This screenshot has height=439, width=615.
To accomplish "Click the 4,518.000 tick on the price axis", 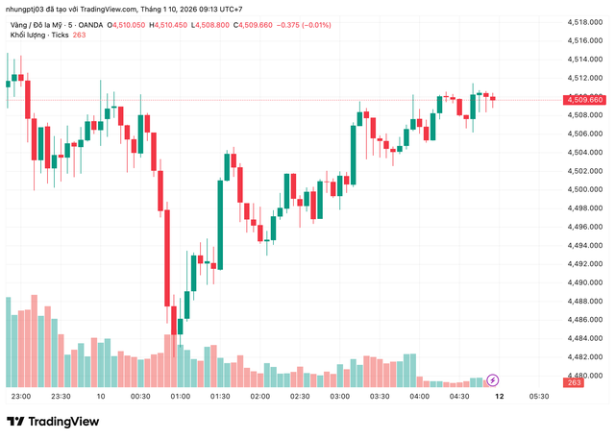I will [x=584, y=21].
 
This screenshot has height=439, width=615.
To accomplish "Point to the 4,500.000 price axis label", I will [x=584, y=189].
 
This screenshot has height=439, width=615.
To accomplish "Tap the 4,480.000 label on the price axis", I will [x=584, y=376].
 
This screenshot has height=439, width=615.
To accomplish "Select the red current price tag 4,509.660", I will [x=584, y=99].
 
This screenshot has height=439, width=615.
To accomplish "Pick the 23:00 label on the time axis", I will [x=21, y=396].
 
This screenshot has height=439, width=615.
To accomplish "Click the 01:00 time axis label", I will [x=180, y=396].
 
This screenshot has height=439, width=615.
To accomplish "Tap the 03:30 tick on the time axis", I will [x=380, y=396].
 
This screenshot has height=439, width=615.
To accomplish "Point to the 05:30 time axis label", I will [x=539, y=396].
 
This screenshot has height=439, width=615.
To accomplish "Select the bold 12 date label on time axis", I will [x=499, y=396].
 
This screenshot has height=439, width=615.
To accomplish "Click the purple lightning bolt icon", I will [x=493, y=379].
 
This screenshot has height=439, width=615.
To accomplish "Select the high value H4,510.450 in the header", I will [x=176, y=24].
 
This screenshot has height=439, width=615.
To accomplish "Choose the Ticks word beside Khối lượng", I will [x=59, y=36].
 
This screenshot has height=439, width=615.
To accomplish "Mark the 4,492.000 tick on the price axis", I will [x=584, y=264].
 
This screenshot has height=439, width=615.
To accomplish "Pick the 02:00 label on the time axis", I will [x=259, y=396].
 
